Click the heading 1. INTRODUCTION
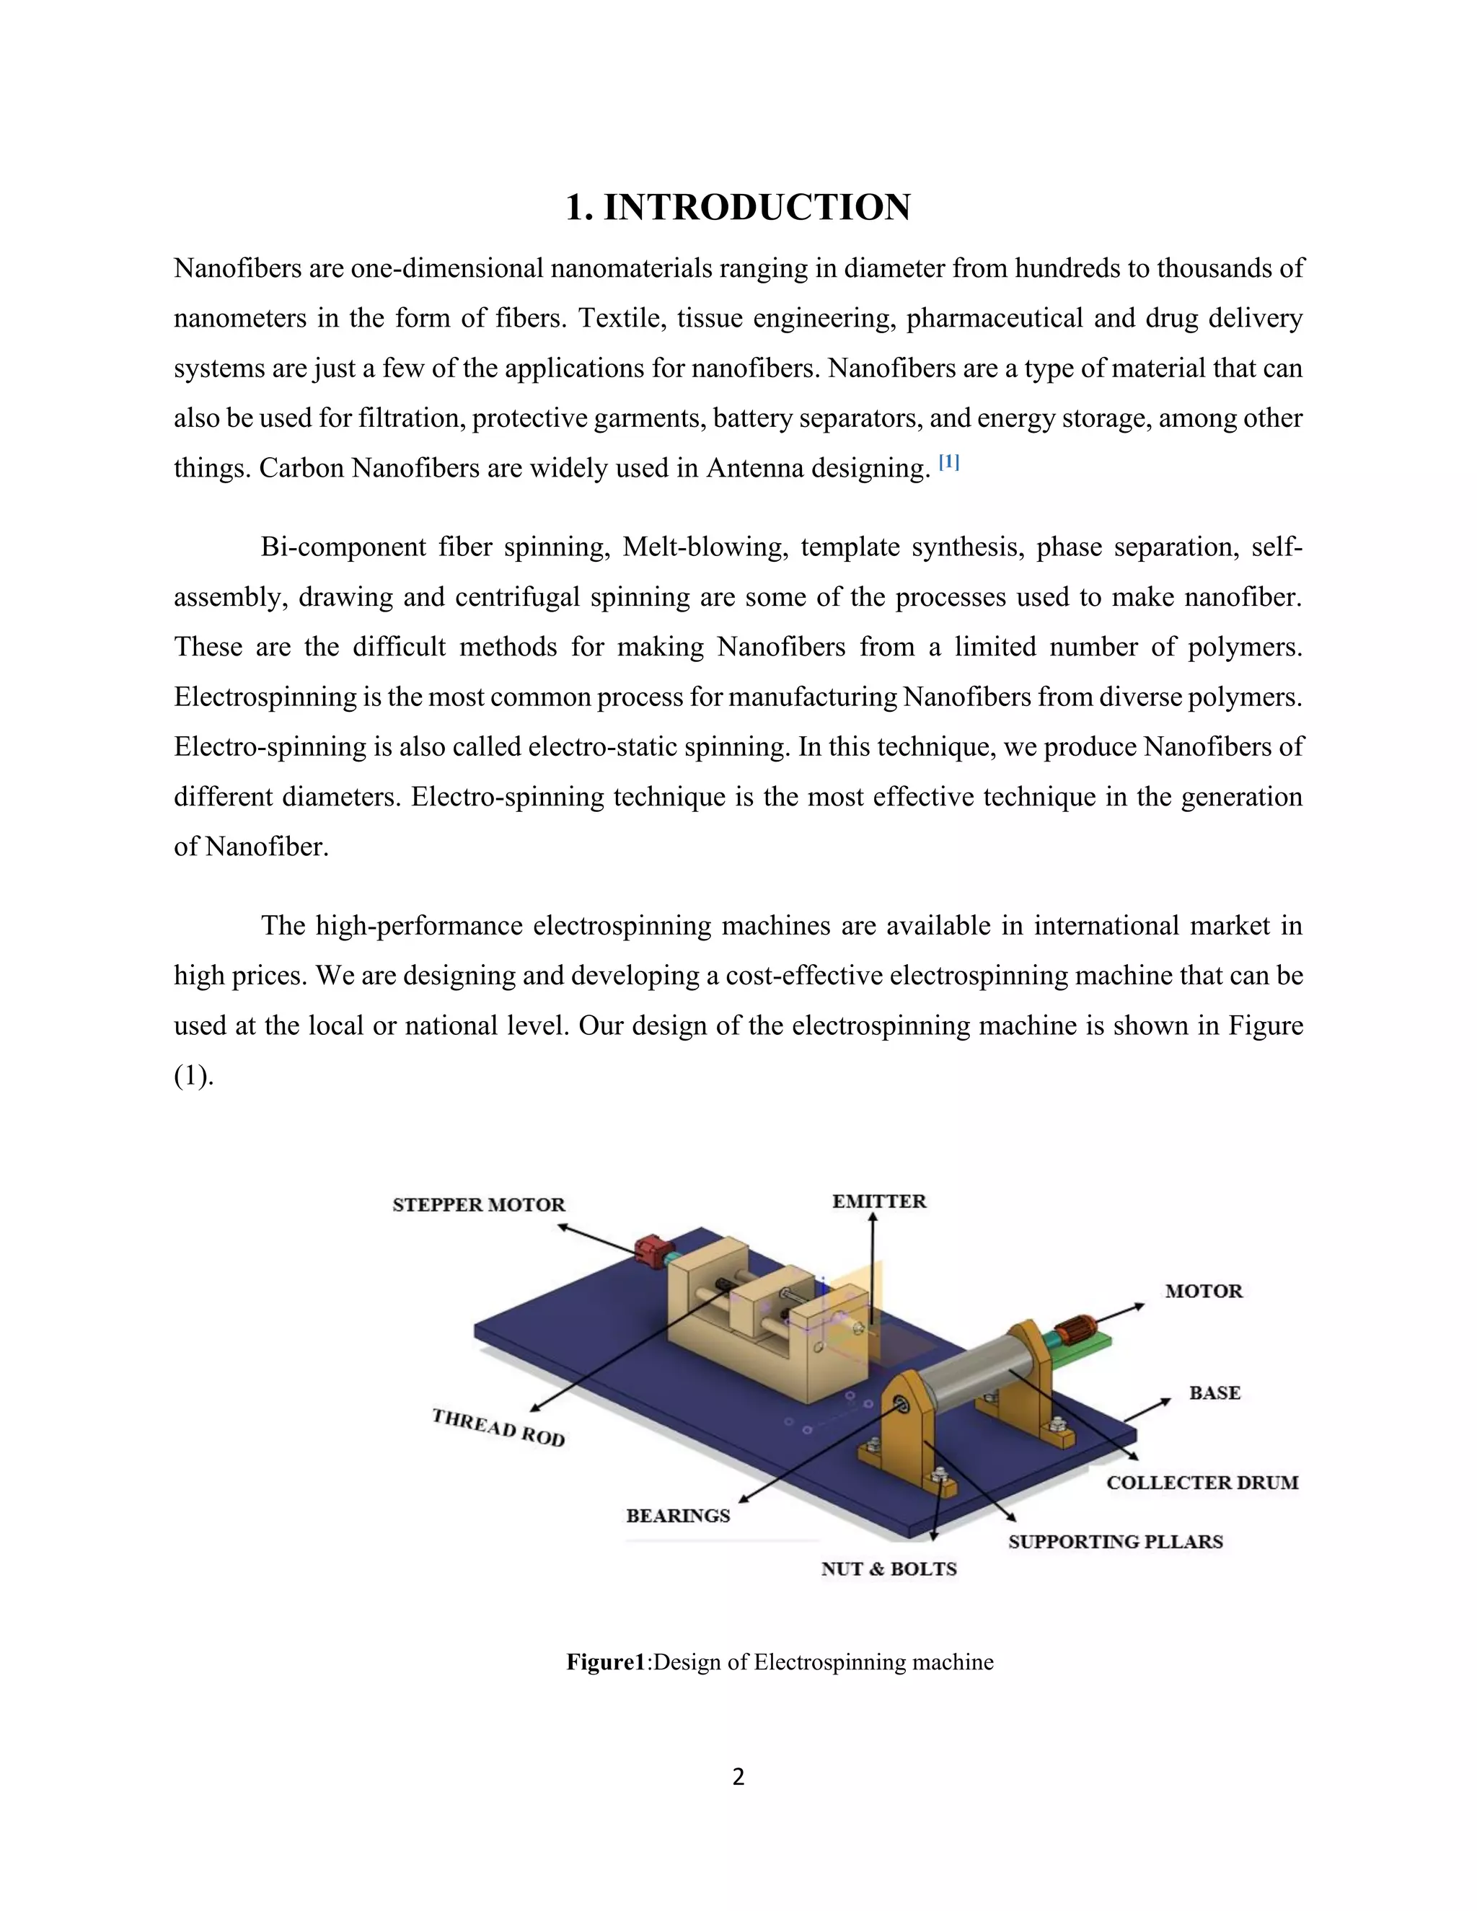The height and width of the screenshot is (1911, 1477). point(738,208)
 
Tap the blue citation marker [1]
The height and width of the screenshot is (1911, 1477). point(948,463)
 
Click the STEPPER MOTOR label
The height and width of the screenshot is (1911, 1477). point(479,1205)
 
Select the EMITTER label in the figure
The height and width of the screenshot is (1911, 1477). point(878,1201)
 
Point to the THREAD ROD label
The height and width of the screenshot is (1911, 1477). point(499,1427)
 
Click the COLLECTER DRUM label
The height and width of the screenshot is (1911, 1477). point(1202,1482)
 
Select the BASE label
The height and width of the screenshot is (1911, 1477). point(1214,1393)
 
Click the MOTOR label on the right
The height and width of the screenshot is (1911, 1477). point(1203,1292)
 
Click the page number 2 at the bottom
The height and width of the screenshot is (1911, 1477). point(738,1777)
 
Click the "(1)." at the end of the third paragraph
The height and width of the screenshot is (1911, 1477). point(193,1076)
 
